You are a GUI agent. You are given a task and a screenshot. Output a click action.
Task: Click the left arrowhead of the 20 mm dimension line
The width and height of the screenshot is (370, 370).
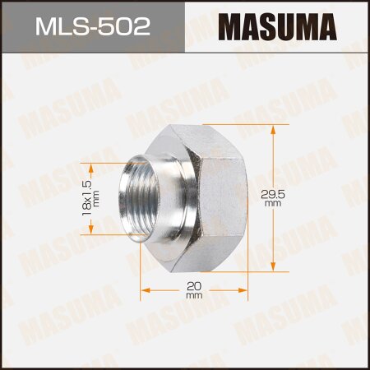point(146,289)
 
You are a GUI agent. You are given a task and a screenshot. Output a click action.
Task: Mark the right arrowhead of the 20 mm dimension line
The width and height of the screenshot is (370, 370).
point(245,289)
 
